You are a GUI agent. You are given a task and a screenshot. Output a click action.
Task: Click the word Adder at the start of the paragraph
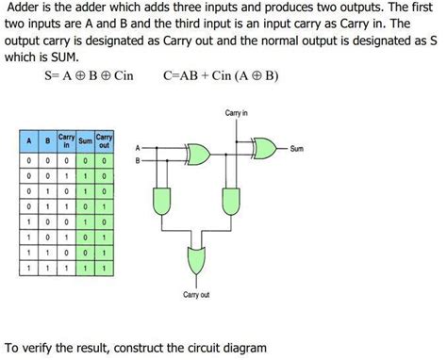pyautogui.click(x=25, y=8)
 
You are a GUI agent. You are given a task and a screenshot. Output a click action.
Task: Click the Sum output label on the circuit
pyautogui.click(x=297, y=148)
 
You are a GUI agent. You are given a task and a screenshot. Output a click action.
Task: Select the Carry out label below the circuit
pyautogui.click(x=198, y=295)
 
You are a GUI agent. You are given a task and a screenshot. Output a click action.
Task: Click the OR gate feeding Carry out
pyautogui.click(x=197, y=258)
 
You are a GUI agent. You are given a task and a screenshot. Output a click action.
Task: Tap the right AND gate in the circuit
pyautogui.click(x=229, y=200)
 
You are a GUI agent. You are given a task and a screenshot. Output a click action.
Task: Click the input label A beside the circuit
pyautogui.click(x=139, y=149)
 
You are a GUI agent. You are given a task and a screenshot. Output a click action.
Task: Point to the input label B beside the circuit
pyautogui.click(x=139, y=161)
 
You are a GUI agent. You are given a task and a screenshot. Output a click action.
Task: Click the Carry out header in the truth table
pyautogui.click(x=104, y=141)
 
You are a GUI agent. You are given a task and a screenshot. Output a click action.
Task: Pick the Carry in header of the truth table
pyautogui.click(x=66, y=141)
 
